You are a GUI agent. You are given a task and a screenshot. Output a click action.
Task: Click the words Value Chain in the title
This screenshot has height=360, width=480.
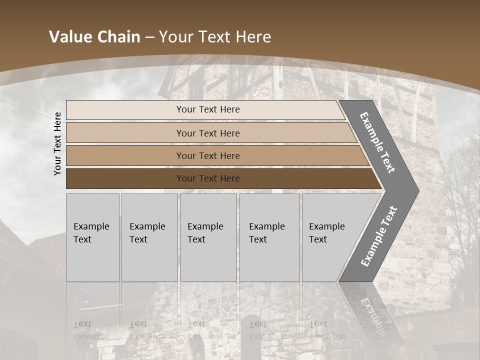pyautogui.click(x=94, y=37)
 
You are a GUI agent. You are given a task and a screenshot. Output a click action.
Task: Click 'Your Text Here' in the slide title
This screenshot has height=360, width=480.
pyautogui.click(x=215, y=37)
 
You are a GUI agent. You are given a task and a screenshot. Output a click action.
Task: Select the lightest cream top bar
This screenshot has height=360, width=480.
pyautogui.click(x=205, y=109)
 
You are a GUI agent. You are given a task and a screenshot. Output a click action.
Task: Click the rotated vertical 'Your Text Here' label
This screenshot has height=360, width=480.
pyautogui.click(x=57, y=143)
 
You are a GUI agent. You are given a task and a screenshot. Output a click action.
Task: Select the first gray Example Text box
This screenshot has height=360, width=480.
pyautogui.click(x=92, y=237)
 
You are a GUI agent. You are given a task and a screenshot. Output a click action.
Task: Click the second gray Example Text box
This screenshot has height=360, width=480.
pyautogui.click(x=149, y=237)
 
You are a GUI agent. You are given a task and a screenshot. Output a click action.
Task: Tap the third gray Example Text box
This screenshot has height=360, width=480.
pyautogui.click(x=208, y=237)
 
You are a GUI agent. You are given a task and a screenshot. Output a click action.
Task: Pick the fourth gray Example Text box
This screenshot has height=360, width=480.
pyautogui.click(x=269, y=237)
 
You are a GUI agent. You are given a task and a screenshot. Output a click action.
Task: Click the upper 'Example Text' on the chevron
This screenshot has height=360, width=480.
pyautogui.click(x=377, y=142)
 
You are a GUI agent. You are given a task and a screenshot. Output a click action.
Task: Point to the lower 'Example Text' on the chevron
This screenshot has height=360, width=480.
pyautogui.click(x=379, y=236)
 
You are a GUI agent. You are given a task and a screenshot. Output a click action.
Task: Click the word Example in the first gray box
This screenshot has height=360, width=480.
pyautogui.click(x=91, y=226)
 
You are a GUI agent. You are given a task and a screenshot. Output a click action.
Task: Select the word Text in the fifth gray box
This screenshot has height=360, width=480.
pyautogui.click(x=318, y=239)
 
